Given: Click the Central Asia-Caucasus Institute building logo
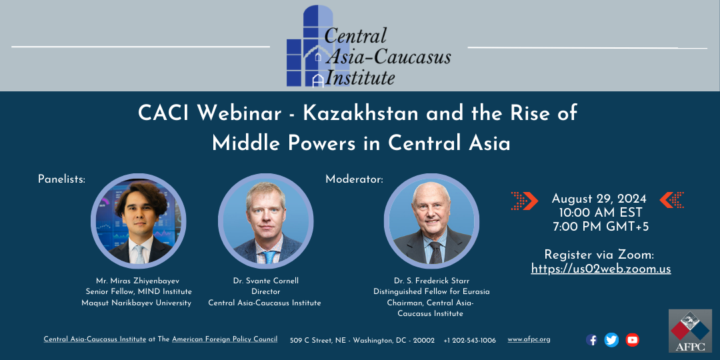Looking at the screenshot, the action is coord(317,46).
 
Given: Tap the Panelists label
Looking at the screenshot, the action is coord(61,179).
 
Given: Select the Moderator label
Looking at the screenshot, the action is coord(354,179).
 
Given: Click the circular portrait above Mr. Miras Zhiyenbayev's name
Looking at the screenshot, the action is coord(138,221).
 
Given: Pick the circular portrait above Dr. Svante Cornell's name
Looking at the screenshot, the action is coord(266,221).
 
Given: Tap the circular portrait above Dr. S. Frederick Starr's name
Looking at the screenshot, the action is coord(431,221).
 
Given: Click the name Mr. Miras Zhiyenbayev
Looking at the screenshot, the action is coord(138,281).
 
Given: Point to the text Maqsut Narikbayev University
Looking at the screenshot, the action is coord(137,303).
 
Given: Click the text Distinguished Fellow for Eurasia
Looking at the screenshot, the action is coord(431,292).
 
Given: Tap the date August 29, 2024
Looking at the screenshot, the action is coord(599,199).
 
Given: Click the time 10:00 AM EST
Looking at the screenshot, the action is coord(600,213).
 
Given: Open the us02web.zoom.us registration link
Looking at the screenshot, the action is coord(601,269).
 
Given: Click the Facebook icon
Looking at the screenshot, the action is coord(592,340).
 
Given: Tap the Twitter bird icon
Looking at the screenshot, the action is coord(611,340).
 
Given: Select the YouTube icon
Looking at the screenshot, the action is coord(632,340).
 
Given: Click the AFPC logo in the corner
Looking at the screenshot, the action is coord(690,331).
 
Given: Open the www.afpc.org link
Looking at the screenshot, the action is coord(529,340).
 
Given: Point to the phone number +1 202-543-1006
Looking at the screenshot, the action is coord(470,340).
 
